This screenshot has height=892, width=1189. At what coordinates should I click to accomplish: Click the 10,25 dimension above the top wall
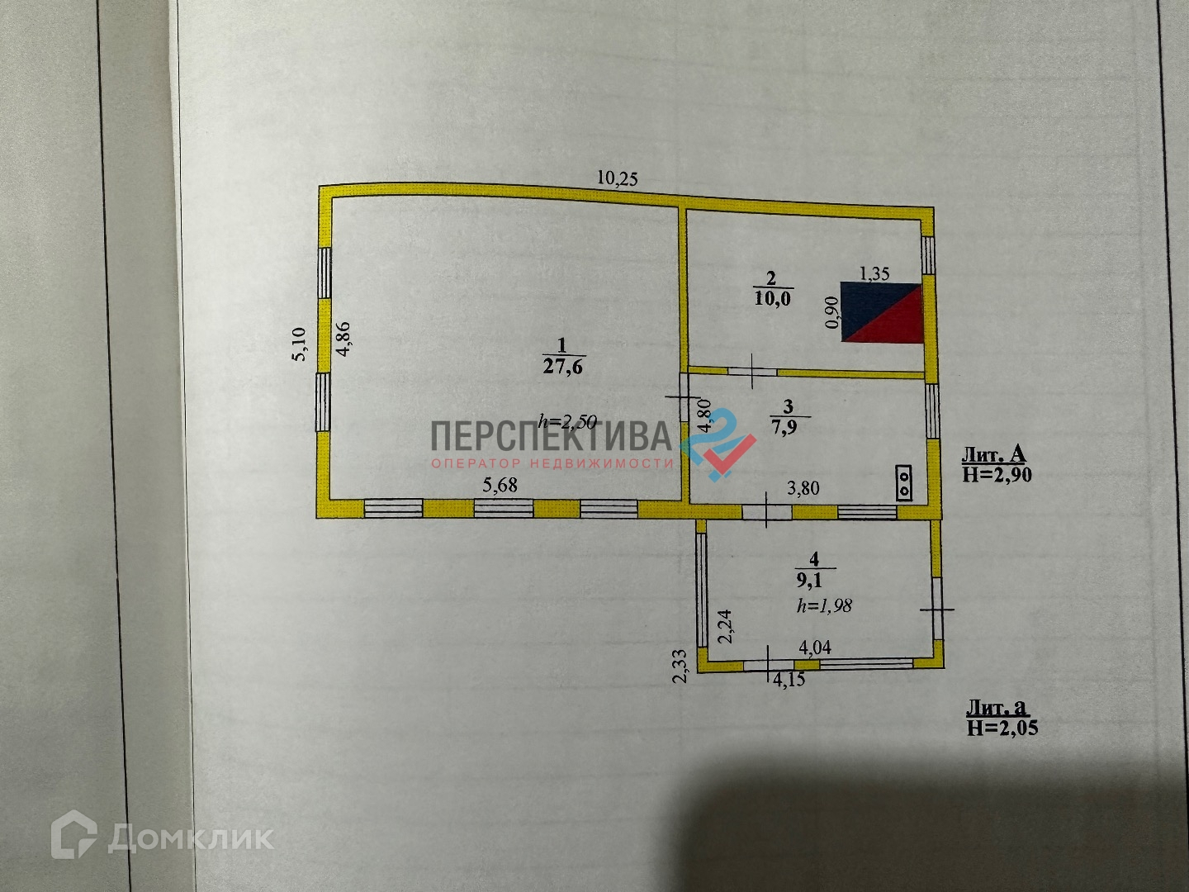click(x=618, y=178)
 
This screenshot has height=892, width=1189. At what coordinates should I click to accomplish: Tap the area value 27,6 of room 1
click(x=562, y=366)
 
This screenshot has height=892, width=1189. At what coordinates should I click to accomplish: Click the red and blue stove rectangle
click(x=881, y=313)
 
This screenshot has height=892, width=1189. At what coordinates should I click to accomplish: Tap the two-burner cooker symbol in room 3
click(x=905, y=482)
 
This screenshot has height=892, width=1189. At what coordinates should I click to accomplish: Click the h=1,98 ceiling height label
click(x=824, y=605)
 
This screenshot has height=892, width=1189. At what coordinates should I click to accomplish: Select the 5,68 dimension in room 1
click(x=500, y=485)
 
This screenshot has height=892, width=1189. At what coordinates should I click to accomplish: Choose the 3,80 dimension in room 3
click(x=803, y=488)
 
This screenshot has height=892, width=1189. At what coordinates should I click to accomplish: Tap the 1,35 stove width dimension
click(x=874, y=273)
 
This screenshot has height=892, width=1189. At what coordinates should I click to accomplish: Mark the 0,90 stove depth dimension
click(x=832, y=313)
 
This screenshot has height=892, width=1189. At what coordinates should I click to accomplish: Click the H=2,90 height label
click(x=996, y=474)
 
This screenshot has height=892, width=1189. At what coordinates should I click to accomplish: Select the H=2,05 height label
click(x=1001, y=728)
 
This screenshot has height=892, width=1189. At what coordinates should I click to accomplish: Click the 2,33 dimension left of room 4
click(x=680, y=666)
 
